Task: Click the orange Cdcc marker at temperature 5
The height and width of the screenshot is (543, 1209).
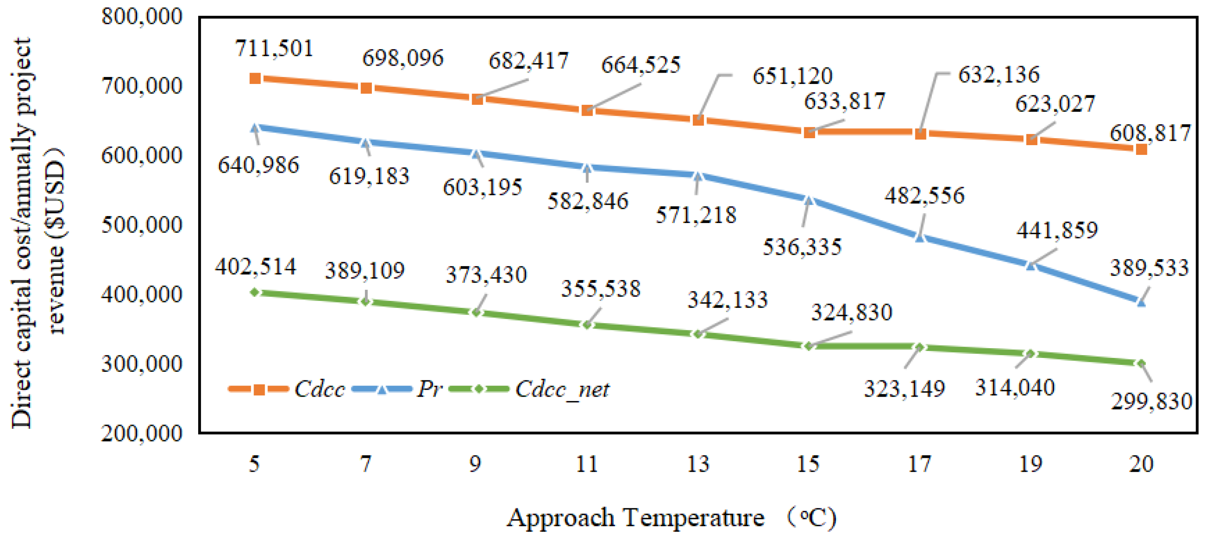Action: click(255, 78)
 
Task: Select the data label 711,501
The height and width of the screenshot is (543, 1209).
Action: click(274, 49)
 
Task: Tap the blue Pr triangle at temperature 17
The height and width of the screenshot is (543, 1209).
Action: click(920, 238)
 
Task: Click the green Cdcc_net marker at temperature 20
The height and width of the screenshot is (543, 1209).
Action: click(1141, 363)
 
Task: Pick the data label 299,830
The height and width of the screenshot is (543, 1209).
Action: click(1151, 401)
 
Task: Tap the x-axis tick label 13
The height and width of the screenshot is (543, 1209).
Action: click(697, 464)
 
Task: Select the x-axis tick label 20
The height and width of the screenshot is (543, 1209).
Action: click(1141, 464)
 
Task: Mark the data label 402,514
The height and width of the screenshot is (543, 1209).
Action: click(256, 267)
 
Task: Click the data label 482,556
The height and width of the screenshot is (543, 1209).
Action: click(924, 195)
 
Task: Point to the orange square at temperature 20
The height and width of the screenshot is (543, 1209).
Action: click(1141, 149)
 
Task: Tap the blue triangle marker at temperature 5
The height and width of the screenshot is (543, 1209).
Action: click(255, 128)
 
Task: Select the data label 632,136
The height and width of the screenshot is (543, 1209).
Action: click(999, 75)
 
